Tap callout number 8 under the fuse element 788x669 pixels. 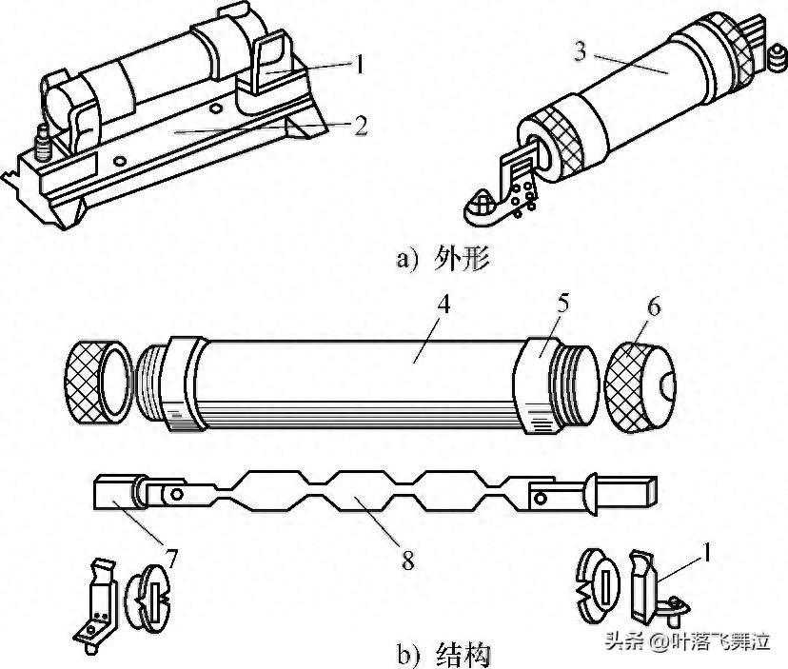[407, 561]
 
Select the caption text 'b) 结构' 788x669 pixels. [442, 654]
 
